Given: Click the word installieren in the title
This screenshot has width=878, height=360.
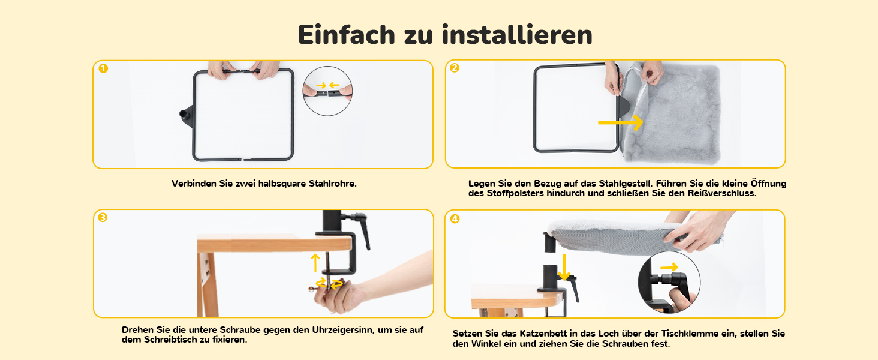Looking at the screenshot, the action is [517, 35].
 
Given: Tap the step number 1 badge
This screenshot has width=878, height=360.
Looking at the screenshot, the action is [103, 68].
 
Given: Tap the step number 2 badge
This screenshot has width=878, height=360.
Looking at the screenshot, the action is [454, 68].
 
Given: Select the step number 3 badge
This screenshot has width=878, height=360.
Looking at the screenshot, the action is [103, 217].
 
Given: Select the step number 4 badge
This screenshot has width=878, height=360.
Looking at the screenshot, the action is [455, 218].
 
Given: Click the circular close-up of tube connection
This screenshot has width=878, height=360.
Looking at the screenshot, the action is [327, 91].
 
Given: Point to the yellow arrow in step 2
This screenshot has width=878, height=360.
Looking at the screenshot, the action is [621, 122].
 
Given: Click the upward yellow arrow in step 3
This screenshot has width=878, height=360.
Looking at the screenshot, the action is [315, 263].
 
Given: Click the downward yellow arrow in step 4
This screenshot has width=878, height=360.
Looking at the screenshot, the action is [564, 268].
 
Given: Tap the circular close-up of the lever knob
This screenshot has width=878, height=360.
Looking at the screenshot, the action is [669, 283].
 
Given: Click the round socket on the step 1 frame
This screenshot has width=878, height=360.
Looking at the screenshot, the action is [185, 114].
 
